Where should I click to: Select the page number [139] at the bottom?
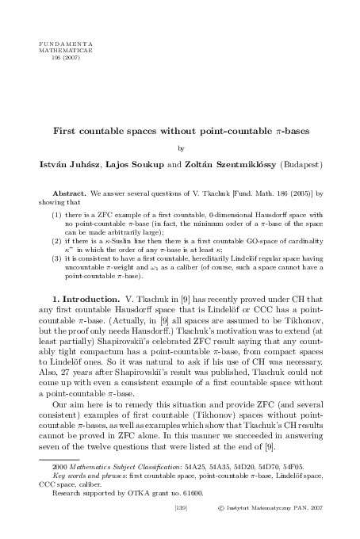tap(180, 524)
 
